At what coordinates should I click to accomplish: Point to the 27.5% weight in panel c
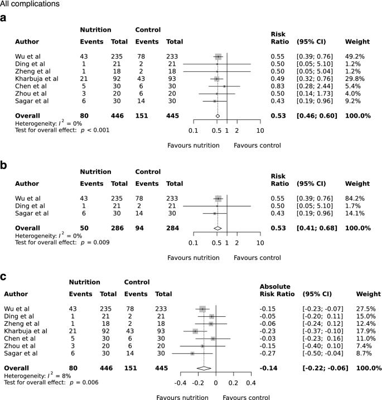(366, 309)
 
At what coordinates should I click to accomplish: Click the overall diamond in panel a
(217, 115)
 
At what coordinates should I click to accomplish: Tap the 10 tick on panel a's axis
(260, 130)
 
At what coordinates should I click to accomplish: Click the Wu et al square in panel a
(218, 57)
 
